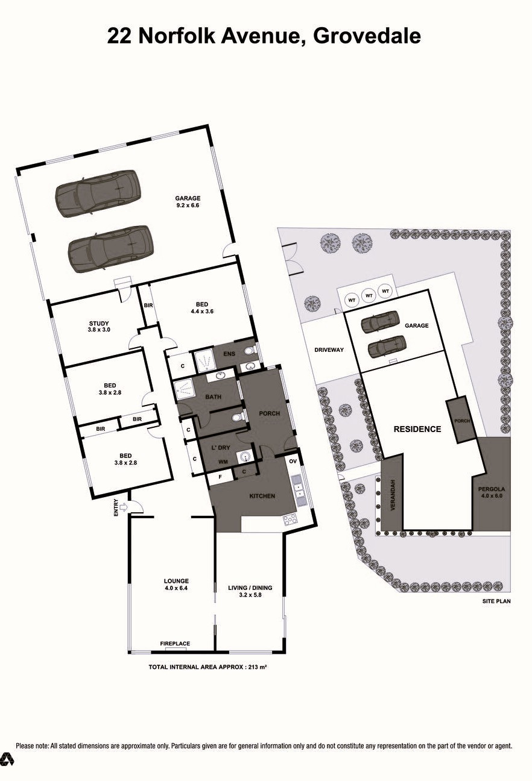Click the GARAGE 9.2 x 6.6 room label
tap(188, 201)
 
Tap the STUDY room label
tap(99, 326)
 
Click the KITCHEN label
tap(262, 496)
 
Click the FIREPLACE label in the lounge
tap(175, 644)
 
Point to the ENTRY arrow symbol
tap(124, 507)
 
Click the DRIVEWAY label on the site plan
tap(329, 350)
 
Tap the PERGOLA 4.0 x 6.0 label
tap(490, 492)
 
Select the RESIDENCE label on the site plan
tap(417, 429)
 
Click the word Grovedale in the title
tap(367, 36)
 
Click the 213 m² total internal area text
tap(254, 667)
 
